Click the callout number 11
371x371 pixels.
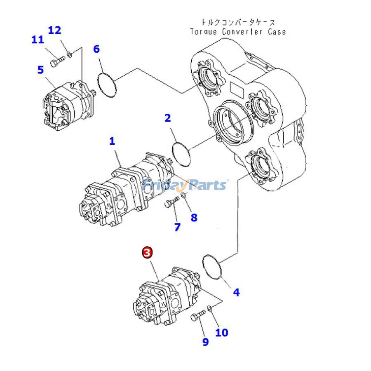38,40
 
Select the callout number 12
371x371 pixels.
54,30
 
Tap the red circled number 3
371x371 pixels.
147,252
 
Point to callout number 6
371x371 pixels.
96,49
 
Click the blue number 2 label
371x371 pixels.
167,118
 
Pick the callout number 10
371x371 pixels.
221,332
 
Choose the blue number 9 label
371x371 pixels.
205,342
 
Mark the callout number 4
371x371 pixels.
236,292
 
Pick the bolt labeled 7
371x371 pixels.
172,202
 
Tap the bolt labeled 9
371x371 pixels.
198,315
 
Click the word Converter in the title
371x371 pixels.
242,32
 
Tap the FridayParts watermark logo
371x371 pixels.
185,185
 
